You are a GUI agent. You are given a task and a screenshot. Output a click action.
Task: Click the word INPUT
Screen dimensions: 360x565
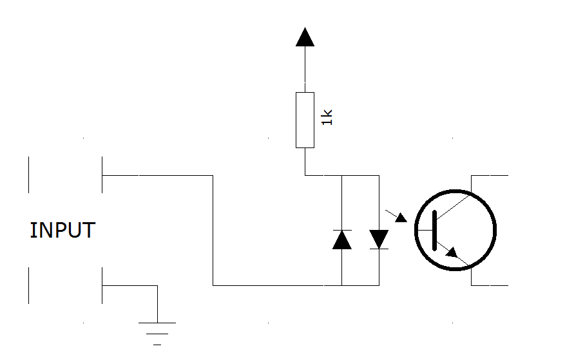(x=62, y=230)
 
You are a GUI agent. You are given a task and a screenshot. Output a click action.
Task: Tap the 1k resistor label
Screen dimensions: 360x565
(x=327, y=117)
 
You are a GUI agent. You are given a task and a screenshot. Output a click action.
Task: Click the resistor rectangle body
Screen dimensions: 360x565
(x=305, y=120)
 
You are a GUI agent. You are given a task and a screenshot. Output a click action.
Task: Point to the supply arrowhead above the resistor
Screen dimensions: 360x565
(x=305, y=37)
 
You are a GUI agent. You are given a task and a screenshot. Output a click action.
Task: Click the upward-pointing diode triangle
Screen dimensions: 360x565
(x=341, y=240)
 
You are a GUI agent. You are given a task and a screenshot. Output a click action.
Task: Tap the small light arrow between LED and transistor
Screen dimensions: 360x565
(x=401, y=217)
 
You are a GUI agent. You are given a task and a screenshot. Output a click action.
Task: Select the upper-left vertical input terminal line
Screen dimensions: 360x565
(x=29, y=175)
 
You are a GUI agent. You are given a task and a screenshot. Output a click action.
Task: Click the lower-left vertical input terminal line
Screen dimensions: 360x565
(x=29, y=285)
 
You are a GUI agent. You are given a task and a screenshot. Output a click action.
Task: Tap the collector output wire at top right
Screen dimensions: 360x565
(x=490, y=175)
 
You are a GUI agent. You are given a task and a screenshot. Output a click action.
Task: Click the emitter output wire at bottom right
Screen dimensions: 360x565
(x=490, y=285)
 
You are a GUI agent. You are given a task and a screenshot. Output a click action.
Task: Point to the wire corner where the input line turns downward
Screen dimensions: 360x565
(x=213, y=175)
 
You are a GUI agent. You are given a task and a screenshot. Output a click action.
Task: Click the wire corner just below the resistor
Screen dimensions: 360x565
(x=305, y=175)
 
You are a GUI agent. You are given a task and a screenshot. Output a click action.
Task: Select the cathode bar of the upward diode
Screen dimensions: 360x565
(x=341, y=230)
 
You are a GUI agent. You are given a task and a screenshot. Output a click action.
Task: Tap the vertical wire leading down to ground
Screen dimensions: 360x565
(x=157, y=303)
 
